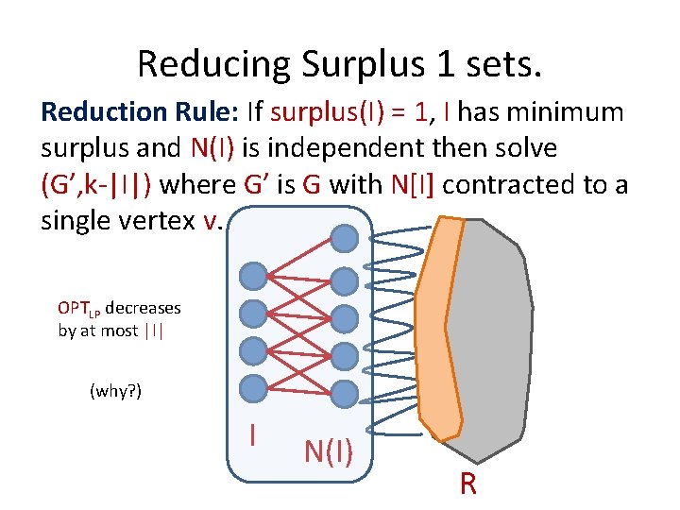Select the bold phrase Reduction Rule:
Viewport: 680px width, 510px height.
tap(140, 112)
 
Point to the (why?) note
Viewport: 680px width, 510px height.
tap(115, 390)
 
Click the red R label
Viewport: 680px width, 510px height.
tap(467, 484)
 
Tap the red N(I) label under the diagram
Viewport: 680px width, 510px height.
tap(329, 452)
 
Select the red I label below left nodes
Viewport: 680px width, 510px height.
tap(252, 434)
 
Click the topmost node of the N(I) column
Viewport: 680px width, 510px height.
tap(346, 239)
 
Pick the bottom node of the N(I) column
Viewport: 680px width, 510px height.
tap(346, 392)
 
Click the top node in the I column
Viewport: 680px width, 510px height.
tap(252, 276)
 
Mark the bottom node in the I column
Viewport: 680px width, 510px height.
tap(252, 387)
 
